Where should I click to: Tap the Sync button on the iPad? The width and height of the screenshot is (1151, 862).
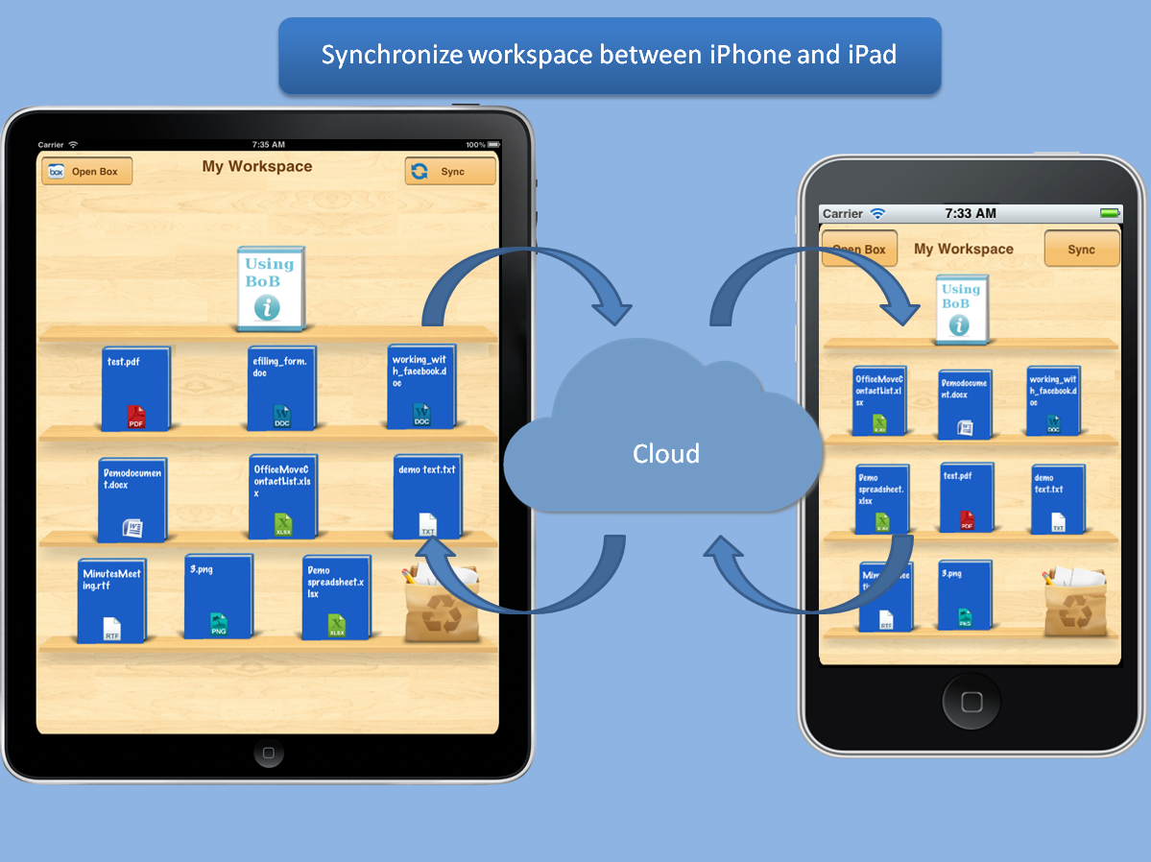pyautogui.click(x=450, y=172)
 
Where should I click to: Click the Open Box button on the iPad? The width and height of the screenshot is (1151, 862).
pyautogui.click(x=86, y=172)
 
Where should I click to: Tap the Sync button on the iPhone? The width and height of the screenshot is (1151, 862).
pyautogui.click(x=1081, y=250)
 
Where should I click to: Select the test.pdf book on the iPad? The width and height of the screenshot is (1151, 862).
pyautogui.click(x=136, y=388)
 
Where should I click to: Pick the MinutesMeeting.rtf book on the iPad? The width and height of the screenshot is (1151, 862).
pyautogui.click(x=112, y=600)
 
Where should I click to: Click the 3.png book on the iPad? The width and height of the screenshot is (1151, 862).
pyautogui.click(x=218, y=596)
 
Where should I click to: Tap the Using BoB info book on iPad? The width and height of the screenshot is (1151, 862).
pyautogui.click(x=271, y=286)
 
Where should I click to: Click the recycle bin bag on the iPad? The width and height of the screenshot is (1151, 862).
pyautogui.click(x=435, y=605)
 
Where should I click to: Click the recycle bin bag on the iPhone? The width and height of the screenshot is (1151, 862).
pyautogui.click(x=1072, y=601)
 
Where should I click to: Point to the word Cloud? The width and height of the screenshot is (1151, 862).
pyautogui.click(x=665, y=453)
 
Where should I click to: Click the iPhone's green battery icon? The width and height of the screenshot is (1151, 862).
pyautogui.click(x=1109, y=213)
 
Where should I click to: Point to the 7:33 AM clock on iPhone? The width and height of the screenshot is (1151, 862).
pyautogui.click(x=970, y=213)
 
